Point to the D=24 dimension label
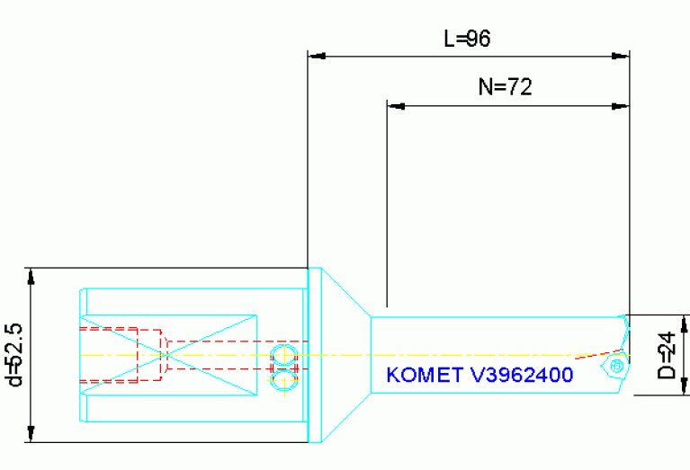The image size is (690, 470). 667,356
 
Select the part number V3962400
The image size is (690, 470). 522,375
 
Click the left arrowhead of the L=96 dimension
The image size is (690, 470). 316,56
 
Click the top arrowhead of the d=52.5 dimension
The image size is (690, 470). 31,275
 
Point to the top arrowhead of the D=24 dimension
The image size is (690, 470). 686,322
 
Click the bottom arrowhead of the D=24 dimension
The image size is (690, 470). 686,388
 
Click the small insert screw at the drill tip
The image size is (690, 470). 616,367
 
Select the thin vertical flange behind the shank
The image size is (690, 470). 315,354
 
